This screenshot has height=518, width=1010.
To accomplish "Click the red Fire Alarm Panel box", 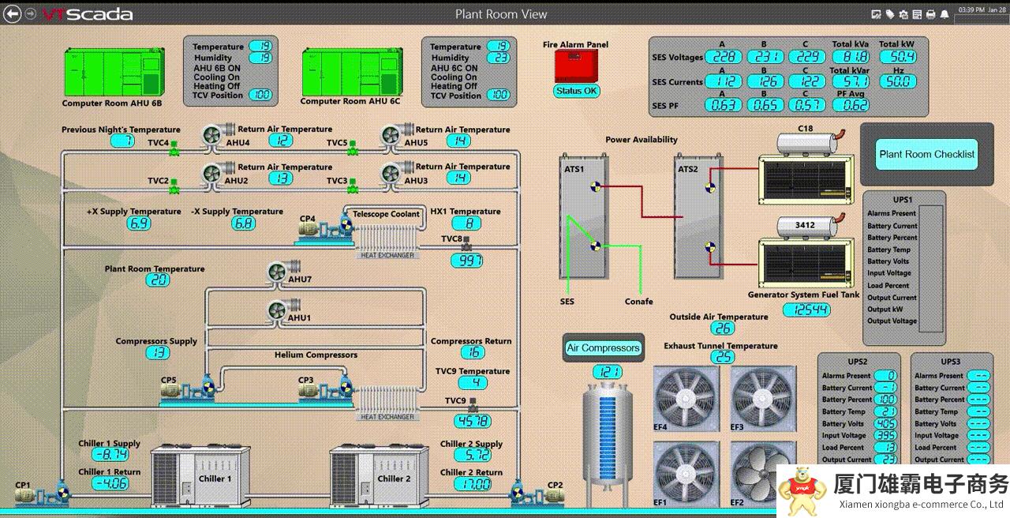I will [575, 67].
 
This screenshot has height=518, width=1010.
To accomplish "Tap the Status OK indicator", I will [577, 91].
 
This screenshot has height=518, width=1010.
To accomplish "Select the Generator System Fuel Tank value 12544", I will [806, 310].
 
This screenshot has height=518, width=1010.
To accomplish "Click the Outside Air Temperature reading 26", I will [722, 328].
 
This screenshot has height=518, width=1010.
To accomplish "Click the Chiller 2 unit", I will [369, 474].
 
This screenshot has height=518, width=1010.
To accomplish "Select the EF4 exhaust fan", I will [686, 398].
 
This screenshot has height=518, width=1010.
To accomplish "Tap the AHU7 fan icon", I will [277, 272].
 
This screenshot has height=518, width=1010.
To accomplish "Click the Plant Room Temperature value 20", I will [157, 280].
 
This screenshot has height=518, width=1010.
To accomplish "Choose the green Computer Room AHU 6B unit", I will [113, 73].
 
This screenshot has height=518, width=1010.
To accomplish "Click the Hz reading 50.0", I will [898, 81].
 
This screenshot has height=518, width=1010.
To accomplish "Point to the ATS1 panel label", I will [574, 168].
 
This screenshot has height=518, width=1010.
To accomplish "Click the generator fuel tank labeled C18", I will [806, 142].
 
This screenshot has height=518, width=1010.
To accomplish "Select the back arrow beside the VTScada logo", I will [13, 13].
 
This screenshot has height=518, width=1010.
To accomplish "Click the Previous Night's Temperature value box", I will [122, 141].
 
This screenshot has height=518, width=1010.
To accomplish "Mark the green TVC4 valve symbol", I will [175, 147].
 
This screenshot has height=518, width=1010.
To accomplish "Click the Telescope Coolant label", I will [386, 214].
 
